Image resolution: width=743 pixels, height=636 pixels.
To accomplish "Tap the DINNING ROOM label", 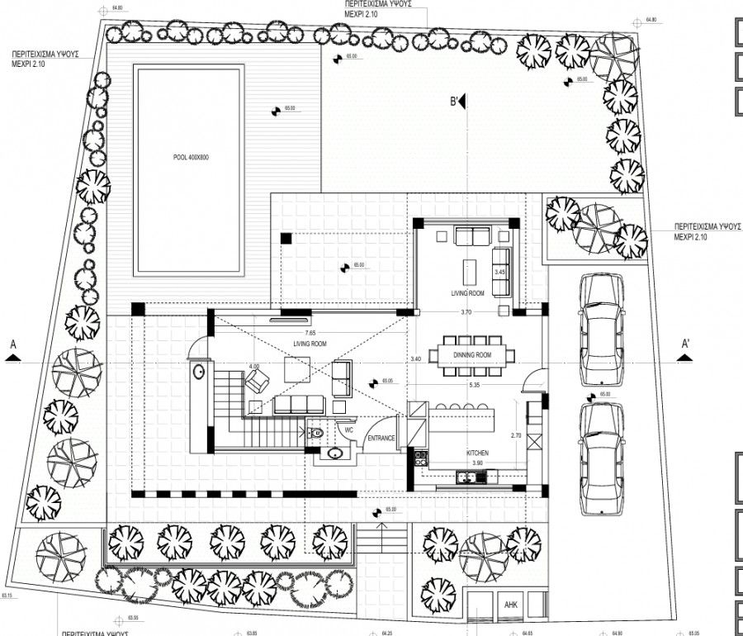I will click(472, 355).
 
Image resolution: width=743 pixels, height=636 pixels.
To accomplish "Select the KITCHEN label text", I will click(477, 453).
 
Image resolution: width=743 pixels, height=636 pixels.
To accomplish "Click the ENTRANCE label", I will click(381, 438).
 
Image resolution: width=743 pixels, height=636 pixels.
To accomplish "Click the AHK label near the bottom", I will click(512, 606).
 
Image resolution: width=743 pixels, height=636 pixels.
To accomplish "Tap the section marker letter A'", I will click(685, 343).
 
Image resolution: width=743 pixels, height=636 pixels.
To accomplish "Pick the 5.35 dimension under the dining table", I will click(474, 386).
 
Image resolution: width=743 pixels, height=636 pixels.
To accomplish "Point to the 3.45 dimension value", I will click(499, 271).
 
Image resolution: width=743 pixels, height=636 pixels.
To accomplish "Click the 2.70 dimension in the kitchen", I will click(516, 434).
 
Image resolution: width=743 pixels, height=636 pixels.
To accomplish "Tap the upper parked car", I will click(600, 329).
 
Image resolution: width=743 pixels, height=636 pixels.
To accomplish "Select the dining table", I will click(476, 356).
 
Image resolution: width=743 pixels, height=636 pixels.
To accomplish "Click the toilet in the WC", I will click(315, 431).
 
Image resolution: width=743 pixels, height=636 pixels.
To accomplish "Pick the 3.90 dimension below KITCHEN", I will click(477, 463).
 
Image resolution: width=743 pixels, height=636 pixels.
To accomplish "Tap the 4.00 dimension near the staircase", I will click(254, 366).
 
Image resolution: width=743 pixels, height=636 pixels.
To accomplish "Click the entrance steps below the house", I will click(381, 542).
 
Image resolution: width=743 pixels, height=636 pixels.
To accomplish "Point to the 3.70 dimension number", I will click(466, 312).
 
